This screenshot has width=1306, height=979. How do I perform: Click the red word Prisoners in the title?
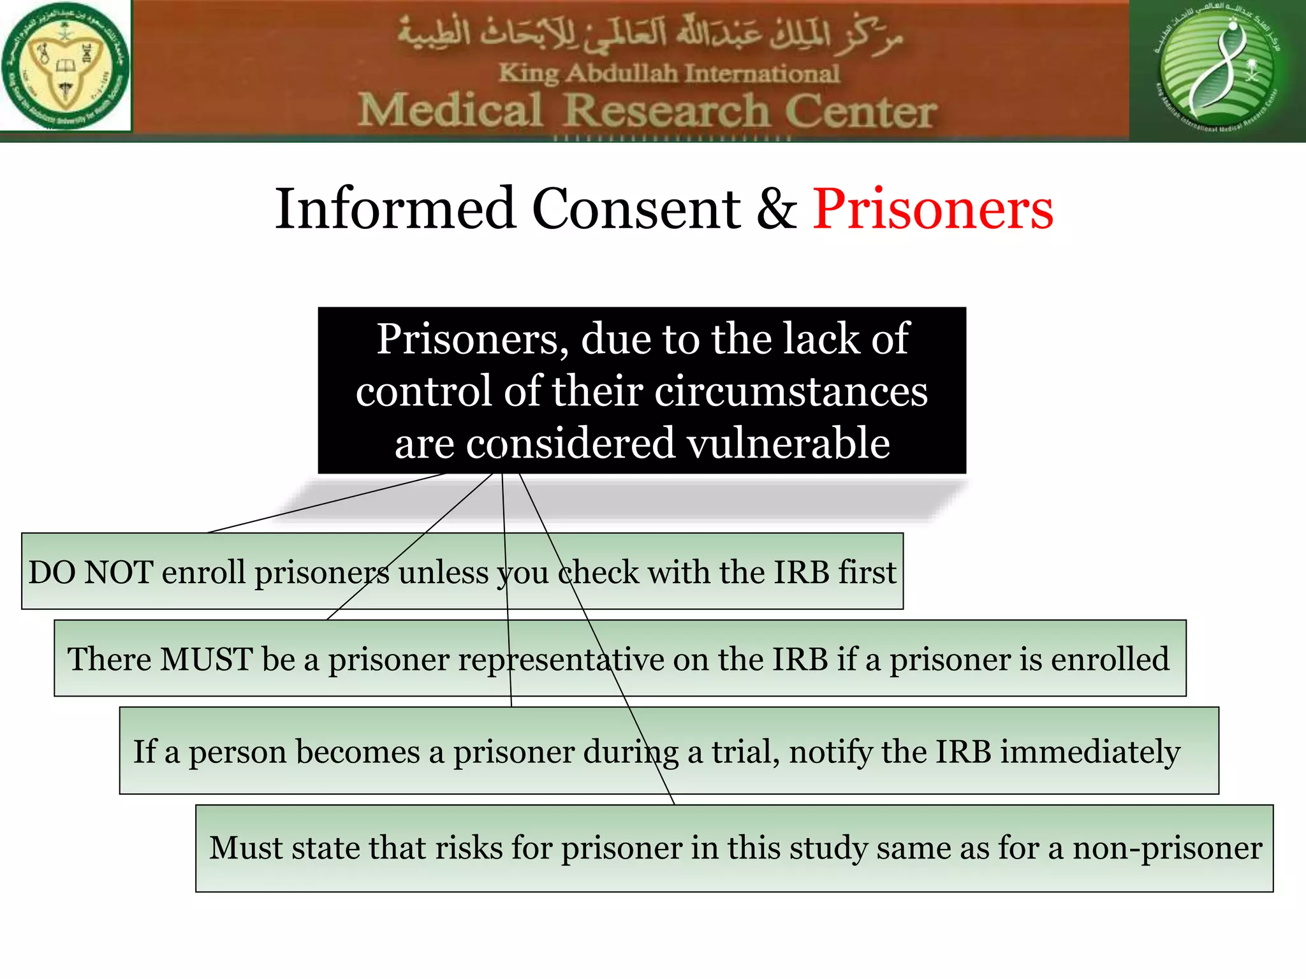pyautogui.click(x=932, y=209)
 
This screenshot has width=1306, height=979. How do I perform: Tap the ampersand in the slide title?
pyautogui.click(x=776, y=209)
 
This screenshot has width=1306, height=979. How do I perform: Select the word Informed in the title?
pyautogui.click(x=395, y=209)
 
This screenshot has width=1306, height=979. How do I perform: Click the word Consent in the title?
pyautogui.click(x=636, y=209)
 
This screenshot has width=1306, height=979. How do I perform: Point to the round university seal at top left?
pyautogui.click(x=65, y=66)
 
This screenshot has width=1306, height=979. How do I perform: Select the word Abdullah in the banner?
pyautogui.click(x=622, y=73)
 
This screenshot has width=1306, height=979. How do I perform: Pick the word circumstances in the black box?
pyautogui.click(x=791, y=391)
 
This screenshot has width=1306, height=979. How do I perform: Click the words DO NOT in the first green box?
pyautogui.click(x=91, y=572)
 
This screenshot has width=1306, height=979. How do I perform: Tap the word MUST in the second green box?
pyautogui.click(x=206, y=659)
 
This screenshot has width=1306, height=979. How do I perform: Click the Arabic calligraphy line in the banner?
pyautogui.click(x=650, y=35)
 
